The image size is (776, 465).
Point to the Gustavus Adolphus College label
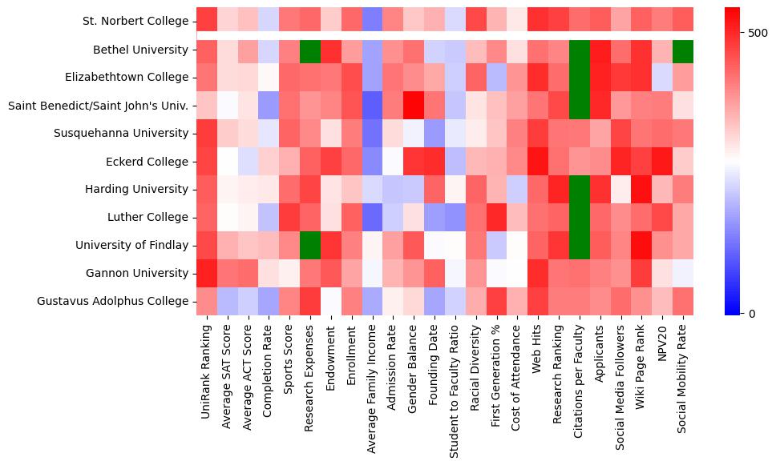113,301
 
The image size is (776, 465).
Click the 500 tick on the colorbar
758,34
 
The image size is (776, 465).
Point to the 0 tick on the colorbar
751,313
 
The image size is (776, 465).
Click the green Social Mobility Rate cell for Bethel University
684,50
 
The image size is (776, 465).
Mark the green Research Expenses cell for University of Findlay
309,245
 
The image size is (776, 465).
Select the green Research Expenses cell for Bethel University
309,50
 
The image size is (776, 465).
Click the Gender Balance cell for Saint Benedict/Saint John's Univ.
413,106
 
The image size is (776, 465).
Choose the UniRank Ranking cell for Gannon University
206,273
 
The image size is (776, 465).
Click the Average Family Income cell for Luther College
371,218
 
